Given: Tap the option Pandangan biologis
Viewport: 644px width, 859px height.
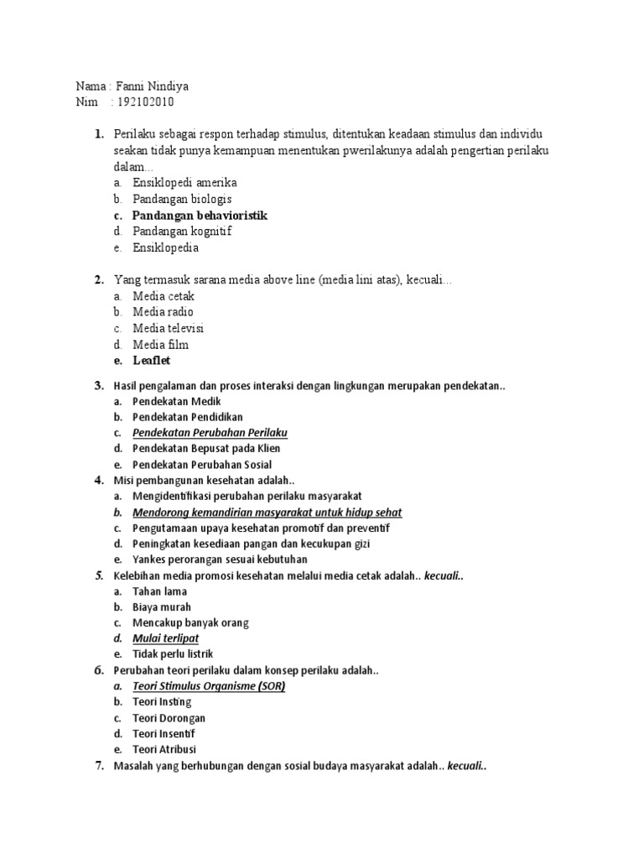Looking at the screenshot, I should (x=181, y=200).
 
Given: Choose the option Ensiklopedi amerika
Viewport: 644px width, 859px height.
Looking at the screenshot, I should (x=184, y=183).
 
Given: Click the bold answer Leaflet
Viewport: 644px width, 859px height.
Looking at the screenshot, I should (x=152, y=361).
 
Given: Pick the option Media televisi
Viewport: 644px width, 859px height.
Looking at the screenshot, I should (x=168, y=328).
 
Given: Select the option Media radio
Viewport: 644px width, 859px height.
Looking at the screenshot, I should (x=163, y=312).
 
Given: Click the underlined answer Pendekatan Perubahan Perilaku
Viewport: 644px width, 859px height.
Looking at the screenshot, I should (x=210, y=433).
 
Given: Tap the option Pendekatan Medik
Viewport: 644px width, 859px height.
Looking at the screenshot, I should (x=176, y=402).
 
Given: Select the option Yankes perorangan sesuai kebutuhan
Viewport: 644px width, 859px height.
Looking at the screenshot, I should (x=220, y=560).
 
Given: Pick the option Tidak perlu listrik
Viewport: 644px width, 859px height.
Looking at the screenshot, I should (x=173, y=653).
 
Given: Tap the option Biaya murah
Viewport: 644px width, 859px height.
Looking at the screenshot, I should (x=162, y=607).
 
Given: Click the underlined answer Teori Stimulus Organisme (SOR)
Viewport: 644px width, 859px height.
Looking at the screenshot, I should (x=209, y=686).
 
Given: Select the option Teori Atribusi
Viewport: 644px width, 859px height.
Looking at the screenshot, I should (x=164, y=749).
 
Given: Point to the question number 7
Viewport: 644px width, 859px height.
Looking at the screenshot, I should (x=98, y=765).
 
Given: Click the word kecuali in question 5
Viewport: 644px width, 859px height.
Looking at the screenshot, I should (x=444, y=575).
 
